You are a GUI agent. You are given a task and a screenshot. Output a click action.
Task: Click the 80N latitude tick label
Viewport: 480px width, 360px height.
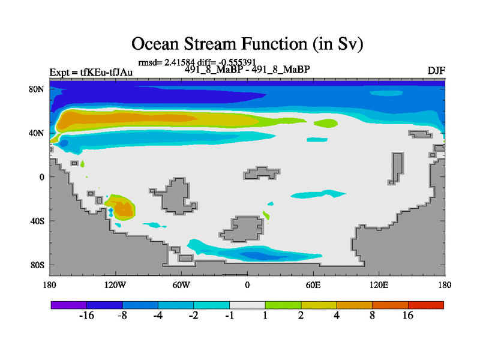(x=37, y=89)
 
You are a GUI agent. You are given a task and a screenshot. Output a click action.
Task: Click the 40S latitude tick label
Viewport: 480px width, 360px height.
(x=37, y=221)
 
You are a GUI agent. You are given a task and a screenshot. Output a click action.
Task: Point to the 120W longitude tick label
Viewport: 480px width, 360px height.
(x=115, y=285)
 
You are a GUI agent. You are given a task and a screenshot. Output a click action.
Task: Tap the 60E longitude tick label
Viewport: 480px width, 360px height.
(x=313, y=285)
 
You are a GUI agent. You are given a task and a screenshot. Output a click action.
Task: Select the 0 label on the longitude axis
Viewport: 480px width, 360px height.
(x=247, y=285)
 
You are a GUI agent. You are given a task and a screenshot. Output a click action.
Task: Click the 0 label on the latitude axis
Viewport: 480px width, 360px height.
(x=41, y=177)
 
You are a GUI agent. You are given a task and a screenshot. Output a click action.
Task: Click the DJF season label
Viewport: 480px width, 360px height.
(x=436, y=71)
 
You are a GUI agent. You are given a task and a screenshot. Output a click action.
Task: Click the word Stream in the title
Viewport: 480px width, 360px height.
(x=209, y=44)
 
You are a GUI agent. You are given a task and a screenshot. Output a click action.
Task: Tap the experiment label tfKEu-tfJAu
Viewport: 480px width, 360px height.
(x=106, y=72)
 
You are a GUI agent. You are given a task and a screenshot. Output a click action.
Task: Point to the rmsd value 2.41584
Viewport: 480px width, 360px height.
(x=179, y=62)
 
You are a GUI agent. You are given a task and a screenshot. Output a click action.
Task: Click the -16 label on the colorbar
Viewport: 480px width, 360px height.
(x=86, y=315)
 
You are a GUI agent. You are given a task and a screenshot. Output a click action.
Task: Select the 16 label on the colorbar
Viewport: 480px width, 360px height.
(x=408, y=315)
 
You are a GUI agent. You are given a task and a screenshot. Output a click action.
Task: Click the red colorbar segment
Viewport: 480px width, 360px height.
(x=426, y=305)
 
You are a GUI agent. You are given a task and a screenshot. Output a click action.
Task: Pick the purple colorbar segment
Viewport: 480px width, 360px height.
(x=69, y=305)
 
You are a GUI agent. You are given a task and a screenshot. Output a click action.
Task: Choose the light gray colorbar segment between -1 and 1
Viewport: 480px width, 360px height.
(x=247, y=305)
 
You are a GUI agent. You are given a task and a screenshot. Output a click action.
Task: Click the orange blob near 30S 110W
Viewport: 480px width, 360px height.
(x=123, y=209)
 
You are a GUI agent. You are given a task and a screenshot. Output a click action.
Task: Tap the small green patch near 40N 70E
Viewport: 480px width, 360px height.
(x=326, y=124)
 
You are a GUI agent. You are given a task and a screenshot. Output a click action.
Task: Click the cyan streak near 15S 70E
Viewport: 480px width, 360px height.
(x=319, y=194)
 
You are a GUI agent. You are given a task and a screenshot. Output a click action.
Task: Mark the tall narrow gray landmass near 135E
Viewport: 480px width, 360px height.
(x=397, y=169)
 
